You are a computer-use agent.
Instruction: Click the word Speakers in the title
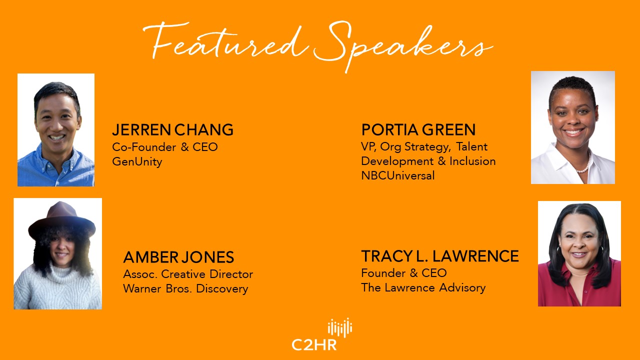(403, 45)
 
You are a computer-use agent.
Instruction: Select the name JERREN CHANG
(173, 129)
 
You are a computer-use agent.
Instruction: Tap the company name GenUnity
(137, 161)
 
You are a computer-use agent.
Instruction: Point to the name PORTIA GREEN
(418, 129)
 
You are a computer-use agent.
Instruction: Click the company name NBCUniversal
(398, 175)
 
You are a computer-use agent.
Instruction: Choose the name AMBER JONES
(178, 257)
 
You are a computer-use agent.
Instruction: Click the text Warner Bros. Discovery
(185, 288)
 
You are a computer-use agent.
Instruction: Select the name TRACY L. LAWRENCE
(440, 256)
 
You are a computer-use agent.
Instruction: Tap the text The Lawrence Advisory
(423, 287)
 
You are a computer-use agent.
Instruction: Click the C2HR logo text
(314, 345)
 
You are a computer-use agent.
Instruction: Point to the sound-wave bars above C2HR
(340, 327)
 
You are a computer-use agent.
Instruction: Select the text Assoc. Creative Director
(188, 274)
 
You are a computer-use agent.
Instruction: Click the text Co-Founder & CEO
(165, 147)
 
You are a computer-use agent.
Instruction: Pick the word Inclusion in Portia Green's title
(472, 161)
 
